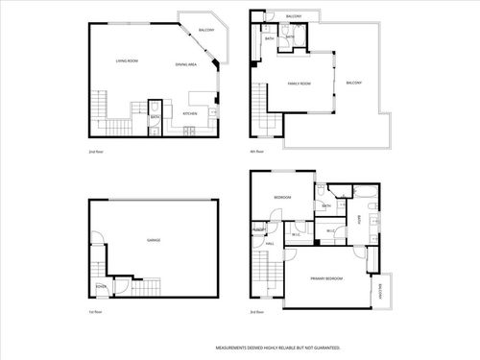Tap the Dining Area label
tap(186, 64)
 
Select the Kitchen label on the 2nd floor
tap(190, 113)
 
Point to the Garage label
tap(153, 239)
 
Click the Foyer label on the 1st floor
tap(101, 286)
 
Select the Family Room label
tap(300, 84)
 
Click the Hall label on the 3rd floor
tap(270, 244)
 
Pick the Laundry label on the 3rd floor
tap(259, 230)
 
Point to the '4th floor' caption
tap(255, 152)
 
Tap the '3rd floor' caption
tap(255, 312)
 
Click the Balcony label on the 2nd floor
tap(206, 31)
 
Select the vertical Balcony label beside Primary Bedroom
tap(380, 292)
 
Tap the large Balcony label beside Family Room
tap(353, 84)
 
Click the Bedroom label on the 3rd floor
tap(282, 197)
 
